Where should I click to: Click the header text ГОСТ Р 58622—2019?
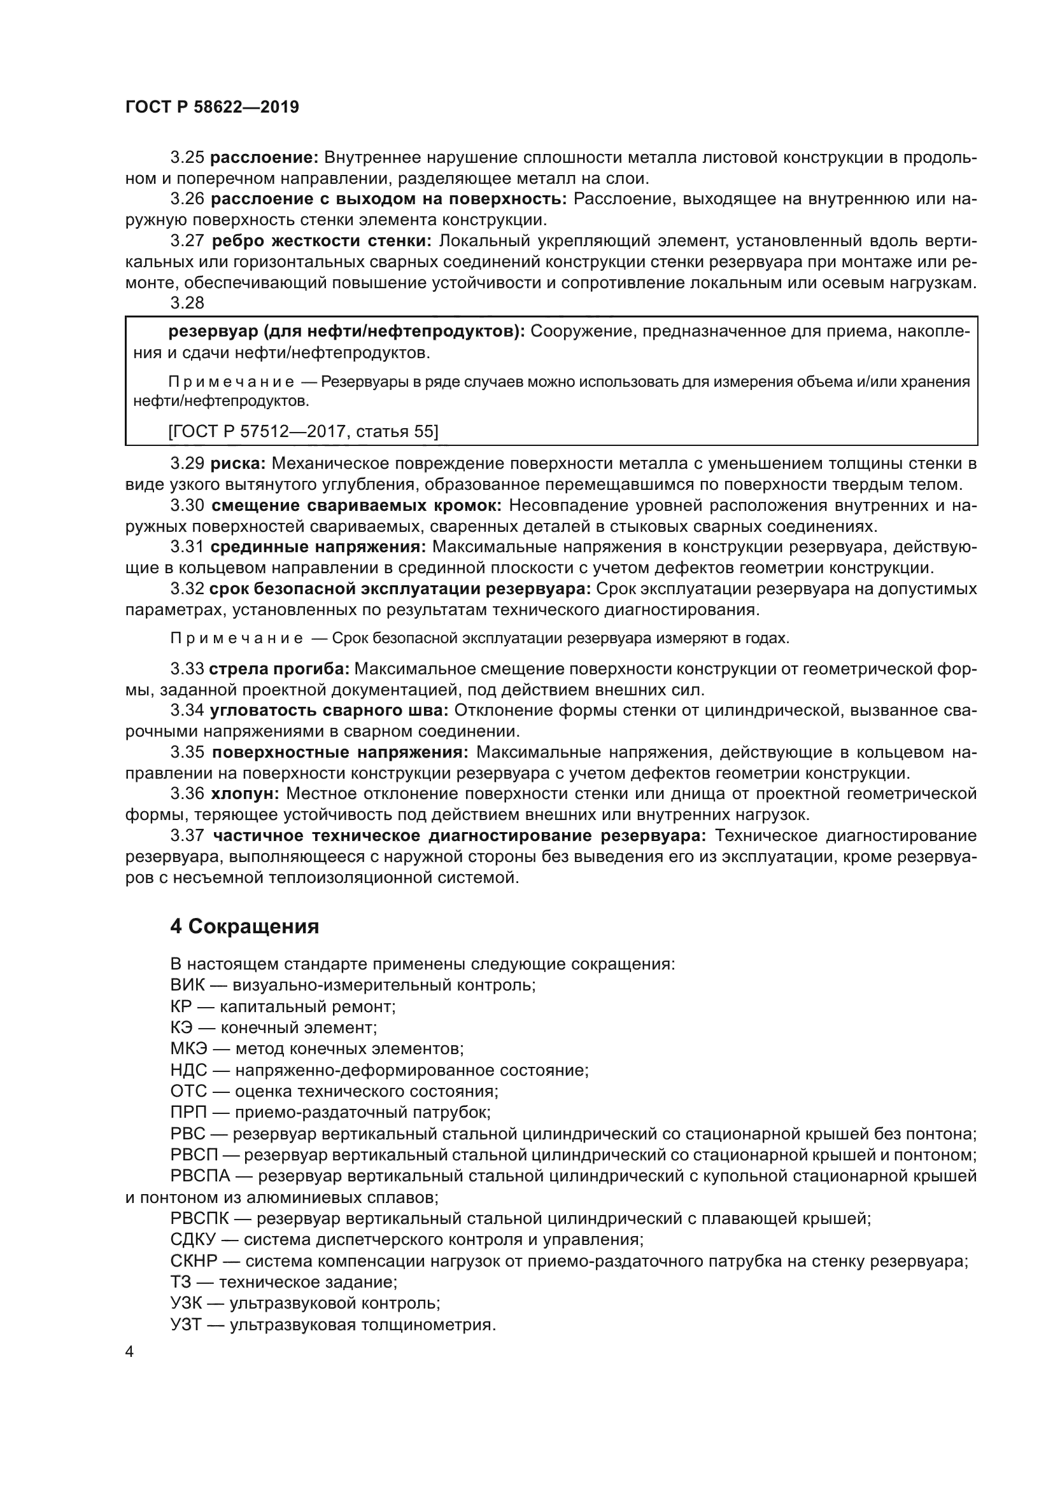(x=212, y=107)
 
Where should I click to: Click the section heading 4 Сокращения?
(x=244, y=927)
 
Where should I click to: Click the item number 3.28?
(x=187, y=303)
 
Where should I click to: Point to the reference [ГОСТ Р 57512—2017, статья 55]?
(x=303, y=431)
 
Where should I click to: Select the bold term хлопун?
(x=245, y=794)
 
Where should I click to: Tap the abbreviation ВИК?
(x=187, y=985)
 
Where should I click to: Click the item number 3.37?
(x=187, y=835)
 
